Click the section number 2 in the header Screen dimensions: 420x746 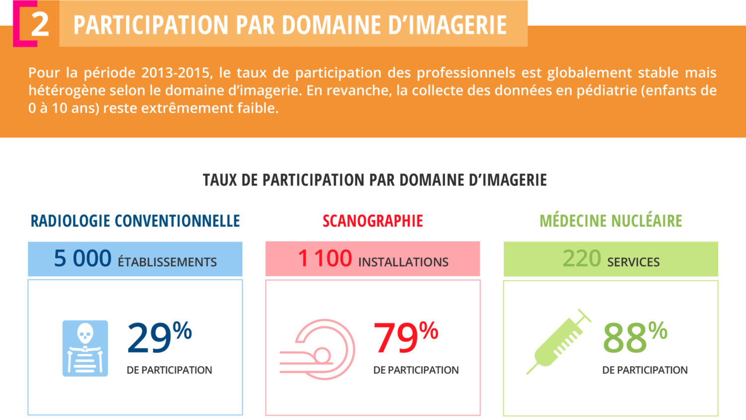(40, 24)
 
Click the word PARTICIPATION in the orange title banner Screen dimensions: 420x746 (151, 25)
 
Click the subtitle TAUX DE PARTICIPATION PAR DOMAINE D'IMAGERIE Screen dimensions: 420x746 (374, 180)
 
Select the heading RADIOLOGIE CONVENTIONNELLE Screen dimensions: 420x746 (135, 220)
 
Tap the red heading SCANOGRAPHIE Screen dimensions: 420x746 (373, 220)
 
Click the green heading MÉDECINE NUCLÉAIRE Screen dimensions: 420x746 (611, 220)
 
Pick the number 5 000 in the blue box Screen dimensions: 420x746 (83, 259)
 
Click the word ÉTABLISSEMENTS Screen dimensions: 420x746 (167, 262)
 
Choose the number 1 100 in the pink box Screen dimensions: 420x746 (325, 259)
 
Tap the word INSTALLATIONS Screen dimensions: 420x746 (403, 262)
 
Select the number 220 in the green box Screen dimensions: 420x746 (582, 259)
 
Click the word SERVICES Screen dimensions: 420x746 (633, 262)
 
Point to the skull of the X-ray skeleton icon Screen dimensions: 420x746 (85, 333)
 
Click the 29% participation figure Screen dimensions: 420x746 (159, 338)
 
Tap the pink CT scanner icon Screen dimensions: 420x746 (318, 349)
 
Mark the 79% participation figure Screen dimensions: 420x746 (406, 338)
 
